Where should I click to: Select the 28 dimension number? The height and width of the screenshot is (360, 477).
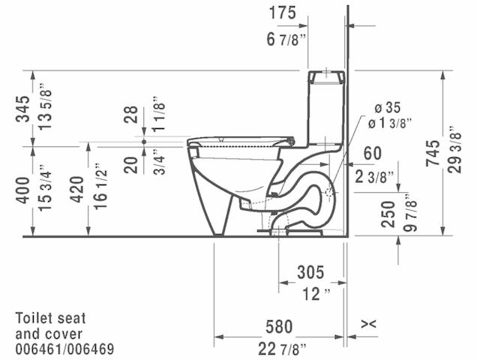[x=132, y=115]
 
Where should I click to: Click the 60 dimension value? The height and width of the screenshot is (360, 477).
[x=373, y=153]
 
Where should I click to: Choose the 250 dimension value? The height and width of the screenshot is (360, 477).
[x=387, y=214]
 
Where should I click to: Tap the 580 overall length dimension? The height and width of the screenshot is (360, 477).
[x=278, y=327]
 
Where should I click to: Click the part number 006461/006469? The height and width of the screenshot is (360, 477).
[x=64, y=349]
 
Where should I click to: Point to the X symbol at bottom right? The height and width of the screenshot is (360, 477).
[x=367, y=324]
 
